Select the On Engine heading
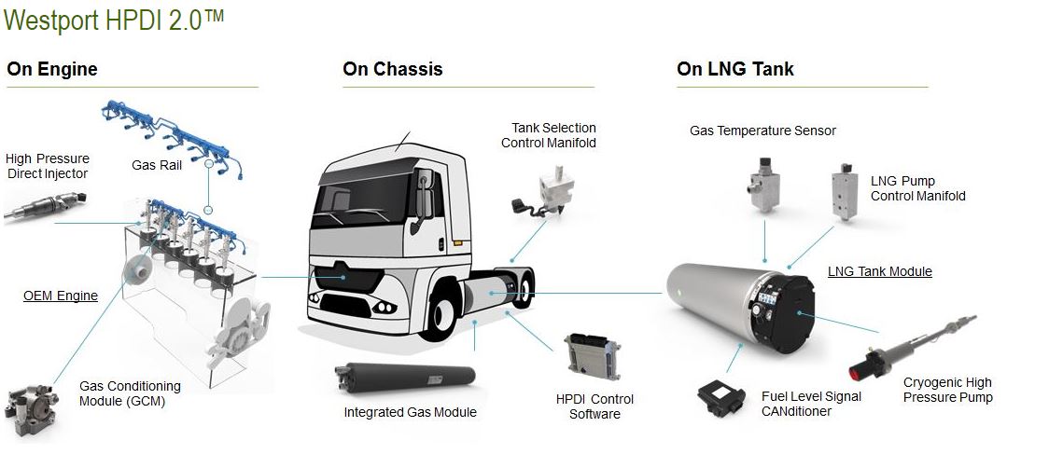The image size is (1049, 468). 52,69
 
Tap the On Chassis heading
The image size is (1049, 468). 392,69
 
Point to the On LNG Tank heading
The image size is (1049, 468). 735,69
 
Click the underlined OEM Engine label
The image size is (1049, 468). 61,296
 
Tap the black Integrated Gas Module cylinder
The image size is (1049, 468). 403,383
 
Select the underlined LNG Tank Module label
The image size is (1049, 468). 879,271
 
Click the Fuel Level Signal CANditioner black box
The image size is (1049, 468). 725,397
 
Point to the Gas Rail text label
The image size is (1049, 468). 156,166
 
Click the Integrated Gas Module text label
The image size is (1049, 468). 410,412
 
